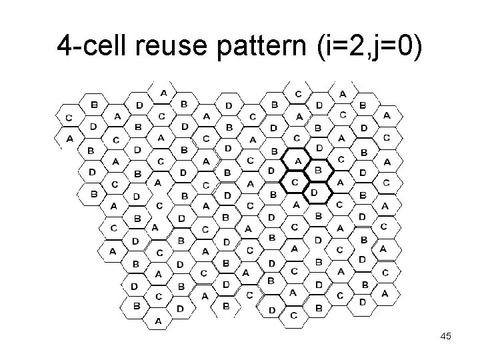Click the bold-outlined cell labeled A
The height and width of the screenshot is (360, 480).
[x=297, y=161]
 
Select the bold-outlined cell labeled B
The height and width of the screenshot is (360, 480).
[x=318, y=171]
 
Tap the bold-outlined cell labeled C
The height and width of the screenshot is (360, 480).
[x=294, y=181]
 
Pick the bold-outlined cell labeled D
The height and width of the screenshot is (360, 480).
[x=314, y=193]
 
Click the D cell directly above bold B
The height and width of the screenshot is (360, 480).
[x=319, y=148]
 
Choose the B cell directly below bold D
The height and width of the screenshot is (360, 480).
[x=318, y=215]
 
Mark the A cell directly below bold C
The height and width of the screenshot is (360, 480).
[x=296, y=205]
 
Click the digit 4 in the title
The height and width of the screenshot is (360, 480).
[x=65, y=46]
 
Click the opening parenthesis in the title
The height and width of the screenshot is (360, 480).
[x=328, y=47]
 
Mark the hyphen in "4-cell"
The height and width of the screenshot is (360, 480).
[x=76, y=49]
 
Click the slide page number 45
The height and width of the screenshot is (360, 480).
[x=445, y=337]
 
